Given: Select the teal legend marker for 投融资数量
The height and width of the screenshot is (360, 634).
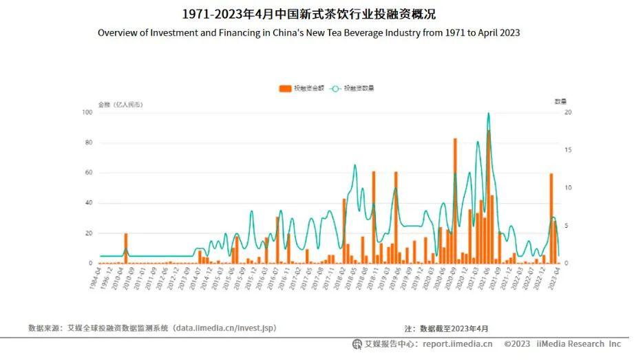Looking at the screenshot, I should (x=335, y=88).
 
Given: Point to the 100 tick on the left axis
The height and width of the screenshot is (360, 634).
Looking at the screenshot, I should (x=87, y=112).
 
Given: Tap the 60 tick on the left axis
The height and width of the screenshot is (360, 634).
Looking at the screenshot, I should (x=89, y=173).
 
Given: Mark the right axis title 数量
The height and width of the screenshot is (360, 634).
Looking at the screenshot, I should (x=560, y=101).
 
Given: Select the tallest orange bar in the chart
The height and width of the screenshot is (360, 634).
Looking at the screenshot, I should (x=489, y=196).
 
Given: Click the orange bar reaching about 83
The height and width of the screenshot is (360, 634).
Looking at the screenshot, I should (x=455, y=200).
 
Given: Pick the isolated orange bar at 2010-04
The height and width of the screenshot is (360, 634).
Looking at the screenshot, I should (x=126, y=248).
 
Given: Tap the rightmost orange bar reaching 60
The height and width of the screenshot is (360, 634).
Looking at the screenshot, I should (x=551, y=218).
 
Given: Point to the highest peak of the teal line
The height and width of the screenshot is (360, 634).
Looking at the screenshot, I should (x=489, y=114).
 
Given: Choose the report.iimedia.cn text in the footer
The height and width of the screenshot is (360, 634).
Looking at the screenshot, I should (x=458, y=344).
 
